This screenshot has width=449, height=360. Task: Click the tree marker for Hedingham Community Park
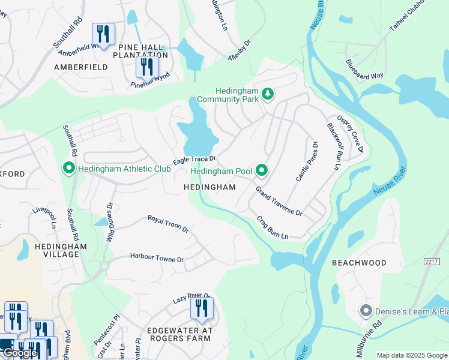(268, 95)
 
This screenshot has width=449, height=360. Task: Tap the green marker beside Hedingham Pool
(262, 171)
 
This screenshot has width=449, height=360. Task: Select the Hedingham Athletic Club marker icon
(69, 169)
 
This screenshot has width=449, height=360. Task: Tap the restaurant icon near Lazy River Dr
(202, 308)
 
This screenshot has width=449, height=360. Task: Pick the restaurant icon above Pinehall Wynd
(147, 66)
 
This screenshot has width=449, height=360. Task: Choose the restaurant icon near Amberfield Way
(103, 34)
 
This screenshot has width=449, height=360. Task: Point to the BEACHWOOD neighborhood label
(359, 263)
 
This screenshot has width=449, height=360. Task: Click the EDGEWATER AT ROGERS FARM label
(179, 334)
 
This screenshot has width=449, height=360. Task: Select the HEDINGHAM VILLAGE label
(61, 250)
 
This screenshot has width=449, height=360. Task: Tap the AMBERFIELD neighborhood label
(81, 67)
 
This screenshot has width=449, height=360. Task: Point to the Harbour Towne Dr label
(157, 258)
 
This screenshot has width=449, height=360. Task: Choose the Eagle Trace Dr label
(194, 160)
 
